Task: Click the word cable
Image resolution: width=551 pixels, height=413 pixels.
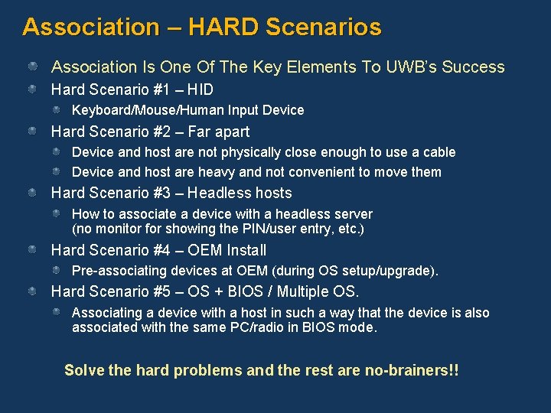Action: [439, 152]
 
